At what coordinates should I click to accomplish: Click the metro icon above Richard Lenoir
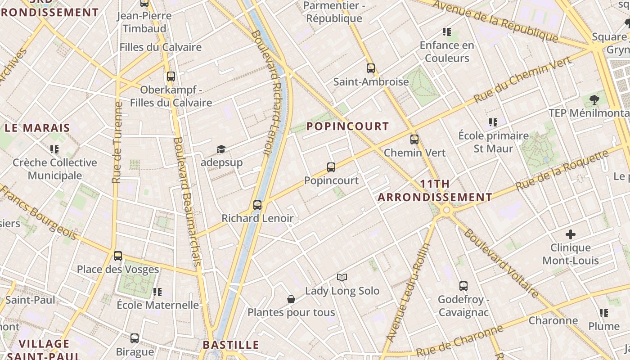pyautogui.click(x=257, y=205)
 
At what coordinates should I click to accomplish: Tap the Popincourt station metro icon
pyautogui.click(x=331, y=167)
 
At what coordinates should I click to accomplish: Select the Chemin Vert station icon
pyautogui.click(x=414, y=139)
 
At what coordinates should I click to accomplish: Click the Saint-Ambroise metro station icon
pyautogui.click(x=371, y=68)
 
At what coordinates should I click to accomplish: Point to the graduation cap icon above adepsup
pyautogui.click(x=221, y=149)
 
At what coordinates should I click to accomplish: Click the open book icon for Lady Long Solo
pyautogui.click(x=342, y=277)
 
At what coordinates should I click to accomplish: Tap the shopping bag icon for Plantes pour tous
pyautogui.click(x=291, y=299)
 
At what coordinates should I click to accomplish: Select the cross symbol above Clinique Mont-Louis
pyautogui.click(x=571, y=234)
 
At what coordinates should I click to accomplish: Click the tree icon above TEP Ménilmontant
pyautogui.click(x=594, y=99)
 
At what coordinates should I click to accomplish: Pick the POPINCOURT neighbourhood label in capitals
pyautogui.click(x=347, y=126)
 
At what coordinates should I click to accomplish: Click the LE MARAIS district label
pyautogui.click(x=37, y=128)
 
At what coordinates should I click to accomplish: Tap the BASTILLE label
pyautogui.click(x=231, y=345)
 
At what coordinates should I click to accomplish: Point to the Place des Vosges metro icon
pyautogui.click(x=118, y=256)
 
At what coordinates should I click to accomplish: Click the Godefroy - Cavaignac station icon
pyautogui.click(x=463, y=286)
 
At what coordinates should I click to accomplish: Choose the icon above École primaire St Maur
pyautogui.click(x=493, y=122)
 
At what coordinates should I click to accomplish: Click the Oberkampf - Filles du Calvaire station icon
pyautogui.click(x=171, y=76)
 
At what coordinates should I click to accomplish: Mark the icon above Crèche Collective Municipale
pyautogui.click(x=54, y=149)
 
